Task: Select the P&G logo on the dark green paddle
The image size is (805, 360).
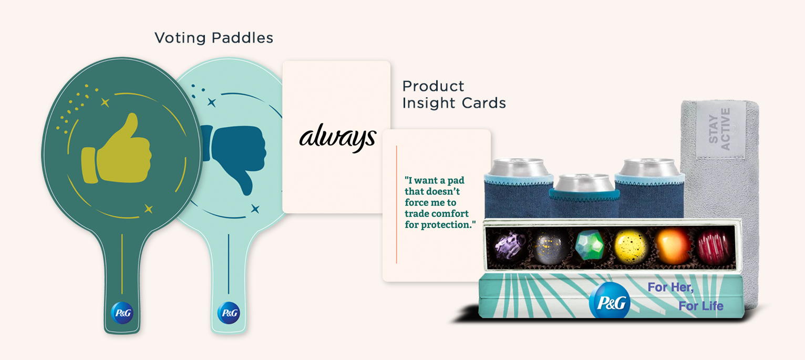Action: pos(122,313)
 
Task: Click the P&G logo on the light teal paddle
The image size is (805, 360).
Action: pos(229,313)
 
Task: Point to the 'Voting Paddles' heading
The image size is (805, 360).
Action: pos(214,38)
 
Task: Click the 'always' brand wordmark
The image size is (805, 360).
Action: pos(338,138)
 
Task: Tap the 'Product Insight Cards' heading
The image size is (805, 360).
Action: pos(454,95)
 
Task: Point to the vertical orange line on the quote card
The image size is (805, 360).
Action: pos(396,204)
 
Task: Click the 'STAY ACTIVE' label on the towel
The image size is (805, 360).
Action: pos(720,129)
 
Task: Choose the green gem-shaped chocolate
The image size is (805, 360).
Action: pos(590,245)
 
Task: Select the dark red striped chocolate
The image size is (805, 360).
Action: pos(714,245)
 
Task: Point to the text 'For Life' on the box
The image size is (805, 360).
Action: pos(701,306)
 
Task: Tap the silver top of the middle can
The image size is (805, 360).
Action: pos(584,182)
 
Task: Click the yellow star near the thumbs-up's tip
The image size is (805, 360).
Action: pos(105,102)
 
